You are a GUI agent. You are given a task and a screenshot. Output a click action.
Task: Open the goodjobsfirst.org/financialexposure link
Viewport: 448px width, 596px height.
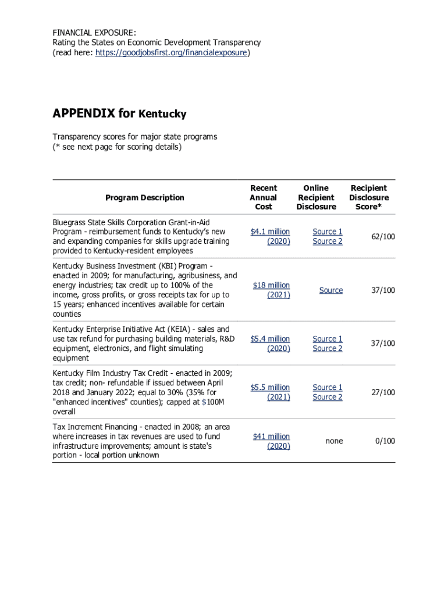pyautogui.click(x=172, y=52)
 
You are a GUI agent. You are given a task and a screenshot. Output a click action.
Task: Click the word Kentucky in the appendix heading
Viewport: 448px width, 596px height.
pyautogui.click(x=162, y=114)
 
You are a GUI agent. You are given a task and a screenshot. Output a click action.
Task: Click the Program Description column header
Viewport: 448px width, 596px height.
pyautogui.click(x=144, y=197)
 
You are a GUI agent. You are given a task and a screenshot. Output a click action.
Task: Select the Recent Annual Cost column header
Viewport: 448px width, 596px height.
pyautogui.click(x=263, y=197)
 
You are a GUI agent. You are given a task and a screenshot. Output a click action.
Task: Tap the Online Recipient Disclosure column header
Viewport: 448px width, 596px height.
pyautogui.click(x=316, y=197)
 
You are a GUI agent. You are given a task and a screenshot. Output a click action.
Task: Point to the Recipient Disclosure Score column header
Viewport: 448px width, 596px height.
pyautogui.click(x=369, y=197)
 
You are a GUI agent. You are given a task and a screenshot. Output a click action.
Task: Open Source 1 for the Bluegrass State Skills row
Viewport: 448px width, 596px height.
pyautogui.click(x=328, y=232)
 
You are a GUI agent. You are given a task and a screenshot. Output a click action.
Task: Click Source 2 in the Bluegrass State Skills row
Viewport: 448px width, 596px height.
pyautogui.click(x=328, y=241)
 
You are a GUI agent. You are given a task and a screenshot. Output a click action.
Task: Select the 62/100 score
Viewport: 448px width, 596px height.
pyautogui.click(x=383, y=236)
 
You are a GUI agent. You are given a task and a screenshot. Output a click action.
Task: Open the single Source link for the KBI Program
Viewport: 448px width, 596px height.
pyautogui.click(x=330, y=290)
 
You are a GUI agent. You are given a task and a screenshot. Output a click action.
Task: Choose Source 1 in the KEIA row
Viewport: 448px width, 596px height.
pyautogui.click(x=328, y=339)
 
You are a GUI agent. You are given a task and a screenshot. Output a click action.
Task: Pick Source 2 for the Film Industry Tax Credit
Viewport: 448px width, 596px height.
pyautogui.click(x=328, y=397)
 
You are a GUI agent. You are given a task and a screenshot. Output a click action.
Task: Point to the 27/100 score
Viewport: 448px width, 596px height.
pyautogui.click(x=383, y=392)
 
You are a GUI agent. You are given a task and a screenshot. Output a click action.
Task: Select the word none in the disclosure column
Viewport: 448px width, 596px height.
pyautogui.click(x=334, y=441)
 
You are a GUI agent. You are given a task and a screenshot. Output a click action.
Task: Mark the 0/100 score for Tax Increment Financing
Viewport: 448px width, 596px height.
pyautogui.click(x=385, y=441)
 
